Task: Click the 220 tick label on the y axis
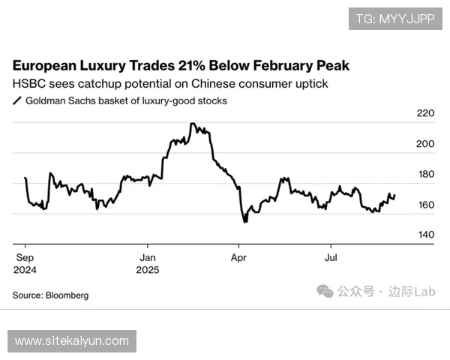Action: click(425, 114)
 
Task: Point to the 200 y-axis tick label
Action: click(425, 144)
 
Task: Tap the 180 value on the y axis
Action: click(425, 175)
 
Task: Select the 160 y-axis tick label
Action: click(425, 205)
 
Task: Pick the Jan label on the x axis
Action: click(148, 256)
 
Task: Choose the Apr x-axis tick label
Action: click(238, 256)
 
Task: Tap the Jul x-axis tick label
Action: click(330, 256)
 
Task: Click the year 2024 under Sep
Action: click(25, 269)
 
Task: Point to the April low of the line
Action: click(244, 222)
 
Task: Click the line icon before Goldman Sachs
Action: click(17, 100)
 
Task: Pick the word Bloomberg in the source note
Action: click(67, 295)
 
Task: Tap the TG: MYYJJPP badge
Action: click(394, 18)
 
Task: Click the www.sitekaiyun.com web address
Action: click(72, 341)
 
